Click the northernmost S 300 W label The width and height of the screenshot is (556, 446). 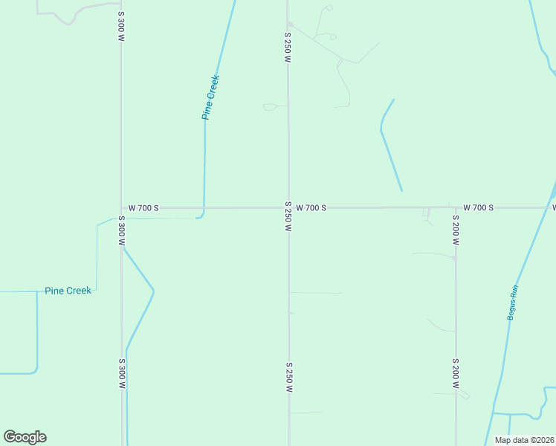(121, 26)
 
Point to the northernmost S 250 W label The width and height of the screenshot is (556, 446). (288, 46)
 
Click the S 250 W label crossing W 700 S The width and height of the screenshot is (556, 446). (288, 216)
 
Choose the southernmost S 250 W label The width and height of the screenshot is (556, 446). (288, 378)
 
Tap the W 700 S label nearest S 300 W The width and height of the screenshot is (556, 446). (143, 208)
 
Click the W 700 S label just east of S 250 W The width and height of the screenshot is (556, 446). (311, 208)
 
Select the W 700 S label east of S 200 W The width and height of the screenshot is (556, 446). (478, 207)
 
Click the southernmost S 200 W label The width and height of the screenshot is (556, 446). (456, 374)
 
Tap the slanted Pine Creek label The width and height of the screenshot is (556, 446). (210, 97)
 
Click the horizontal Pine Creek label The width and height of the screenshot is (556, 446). (68, 291)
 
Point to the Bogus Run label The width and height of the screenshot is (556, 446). (512, 303)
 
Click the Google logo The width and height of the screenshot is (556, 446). (25, 437)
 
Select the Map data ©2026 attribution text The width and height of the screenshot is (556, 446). (525, 440)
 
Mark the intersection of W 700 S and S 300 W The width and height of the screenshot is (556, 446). (121, 208)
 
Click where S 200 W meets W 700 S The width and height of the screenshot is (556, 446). (455, 207)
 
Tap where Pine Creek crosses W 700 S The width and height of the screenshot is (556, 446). (204, 208)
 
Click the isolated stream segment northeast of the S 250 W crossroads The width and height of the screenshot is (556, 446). (389, 145)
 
